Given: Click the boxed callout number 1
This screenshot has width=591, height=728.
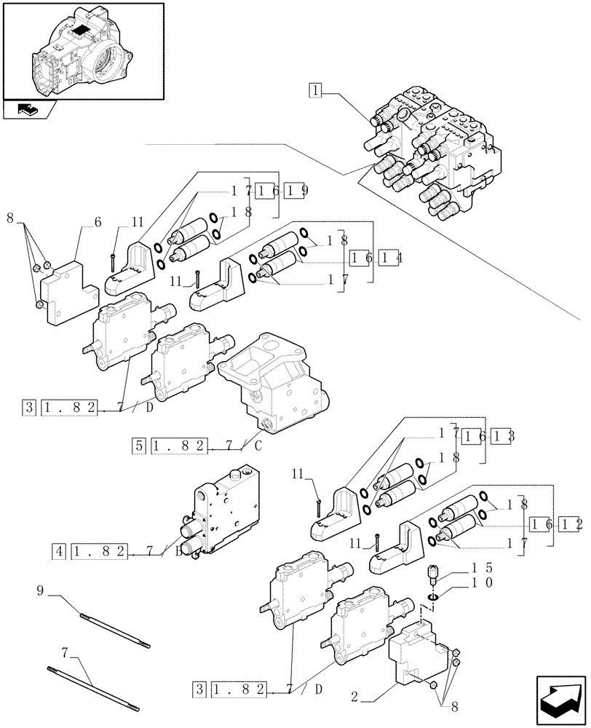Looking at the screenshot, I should coord(314,91).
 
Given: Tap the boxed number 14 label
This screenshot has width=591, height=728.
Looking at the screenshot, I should coord(391,258).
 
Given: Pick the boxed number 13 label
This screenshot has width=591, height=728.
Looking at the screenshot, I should coord(502,435).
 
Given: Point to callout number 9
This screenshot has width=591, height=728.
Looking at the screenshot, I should coord(41,592).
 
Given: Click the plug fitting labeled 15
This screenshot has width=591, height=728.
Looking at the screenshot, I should coord(432,575).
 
